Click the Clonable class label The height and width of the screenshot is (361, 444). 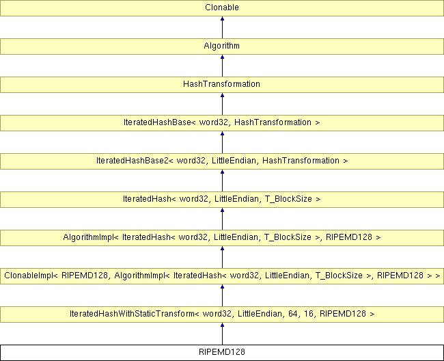tap(222, 8)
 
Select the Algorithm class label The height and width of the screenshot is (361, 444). tap(222, 46)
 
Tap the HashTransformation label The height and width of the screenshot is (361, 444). tap(222, 84)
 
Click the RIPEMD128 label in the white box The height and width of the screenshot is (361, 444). tap(222, 352)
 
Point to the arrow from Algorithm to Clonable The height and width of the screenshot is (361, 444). tap(222, 27)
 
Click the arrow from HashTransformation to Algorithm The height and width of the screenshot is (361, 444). tap(222, 66)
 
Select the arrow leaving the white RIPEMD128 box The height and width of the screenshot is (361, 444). tap(222, 334)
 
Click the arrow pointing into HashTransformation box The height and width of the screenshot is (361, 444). tap(222, 104)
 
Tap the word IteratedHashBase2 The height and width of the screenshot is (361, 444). tap(133, 161)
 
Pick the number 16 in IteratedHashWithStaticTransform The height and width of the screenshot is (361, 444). tap(309, 314)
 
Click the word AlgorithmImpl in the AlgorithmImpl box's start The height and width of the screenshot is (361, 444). tap(88, 237)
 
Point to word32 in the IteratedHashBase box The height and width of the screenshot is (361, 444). tap(214, 122)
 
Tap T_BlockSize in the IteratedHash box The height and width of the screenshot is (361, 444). tap(288, 199)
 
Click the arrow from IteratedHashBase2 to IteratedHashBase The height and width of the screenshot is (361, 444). tap(222, 142)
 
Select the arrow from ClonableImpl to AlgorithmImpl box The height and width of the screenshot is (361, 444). tap(222, 257)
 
